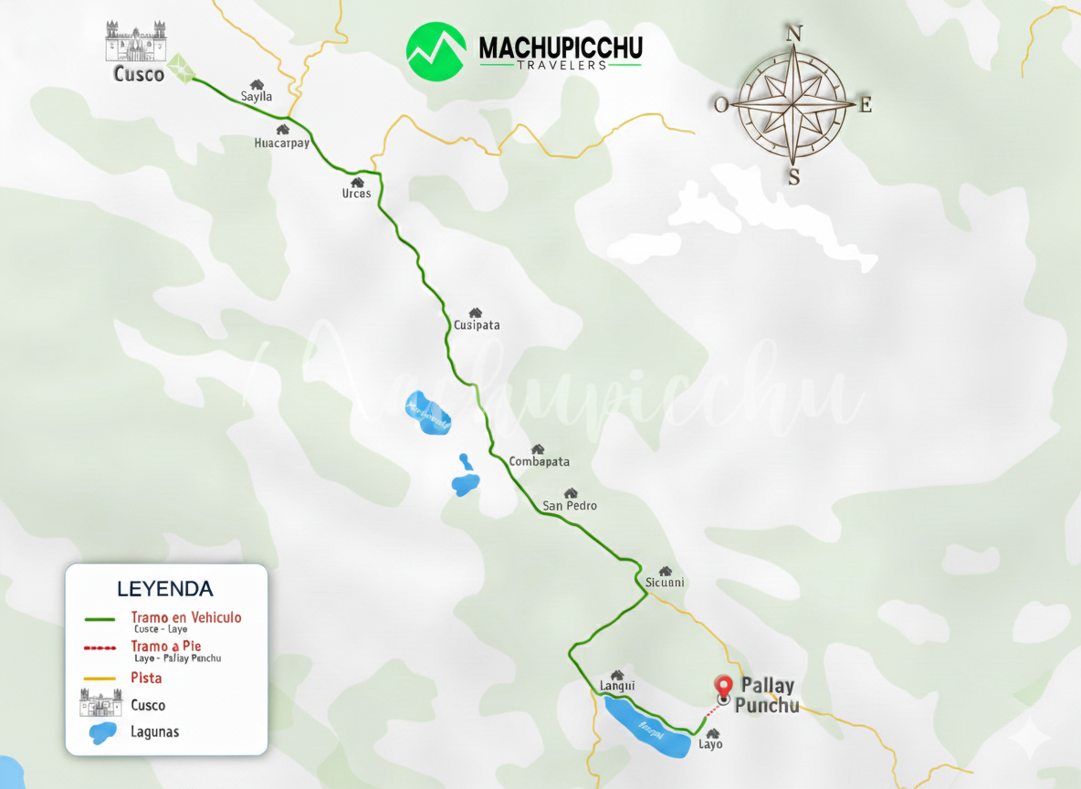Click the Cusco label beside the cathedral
click(x=139, y=74)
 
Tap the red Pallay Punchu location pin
click(x=724, y=687)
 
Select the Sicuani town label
click(x=665, y=583)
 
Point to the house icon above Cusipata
click(x=475, y=312)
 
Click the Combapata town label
click(x=540, y=461)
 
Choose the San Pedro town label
click(x=570, y=505)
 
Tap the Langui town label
click(x=617, y=686)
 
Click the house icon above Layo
click(x=713, y=732)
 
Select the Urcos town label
click(x=356, y=194)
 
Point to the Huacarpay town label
click(x=281, y=143)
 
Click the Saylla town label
click(x=257, y=96)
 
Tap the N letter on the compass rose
click(x=794, y=34)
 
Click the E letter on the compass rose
click(x=866, y=104)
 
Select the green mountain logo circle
click(x=436, y=51)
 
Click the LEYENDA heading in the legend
click(x=165, y=588)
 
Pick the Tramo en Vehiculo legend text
click(x=186, y=617)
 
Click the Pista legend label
click(x=146, y=678)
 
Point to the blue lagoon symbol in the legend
click(x=102, y=731)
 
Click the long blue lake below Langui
click(x=648, y=728)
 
